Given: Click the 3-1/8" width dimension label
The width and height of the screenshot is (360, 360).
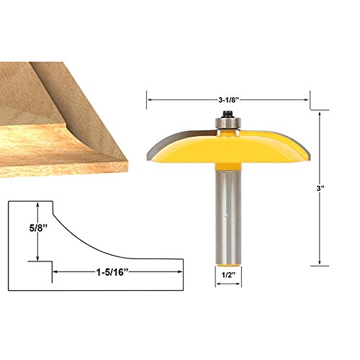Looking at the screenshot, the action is coord(228,100).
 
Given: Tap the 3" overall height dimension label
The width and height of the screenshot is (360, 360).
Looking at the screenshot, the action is coord(320,189).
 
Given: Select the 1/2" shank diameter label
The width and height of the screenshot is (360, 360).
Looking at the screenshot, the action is coord(228,275).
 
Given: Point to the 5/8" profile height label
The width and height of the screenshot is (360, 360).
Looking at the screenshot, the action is coord(37,228).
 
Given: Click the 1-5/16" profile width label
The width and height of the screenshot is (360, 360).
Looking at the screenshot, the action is coord(113,272).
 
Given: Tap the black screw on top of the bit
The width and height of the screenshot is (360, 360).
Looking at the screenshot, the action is coord(228,114).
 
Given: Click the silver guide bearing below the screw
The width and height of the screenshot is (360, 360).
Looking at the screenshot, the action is coord(228,123).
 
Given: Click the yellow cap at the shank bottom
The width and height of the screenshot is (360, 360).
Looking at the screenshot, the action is coord(228,264).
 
